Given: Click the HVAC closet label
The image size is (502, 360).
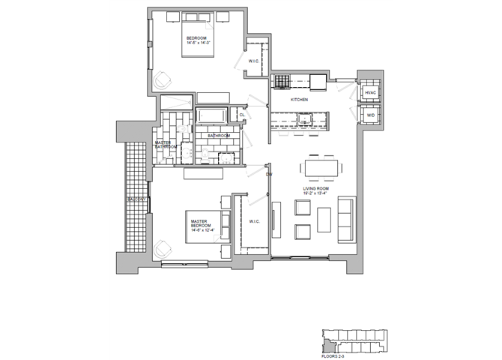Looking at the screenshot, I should point(369,92).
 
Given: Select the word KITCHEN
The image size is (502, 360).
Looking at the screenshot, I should point(300,100).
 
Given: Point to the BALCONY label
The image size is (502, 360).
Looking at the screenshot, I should point(136,199).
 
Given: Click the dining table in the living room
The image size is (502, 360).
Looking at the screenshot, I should point(320,166).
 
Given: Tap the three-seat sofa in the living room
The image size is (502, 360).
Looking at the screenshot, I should point(347,219).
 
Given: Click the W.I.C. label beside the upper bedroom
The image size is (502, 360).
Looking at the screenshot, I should point(254,62).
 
